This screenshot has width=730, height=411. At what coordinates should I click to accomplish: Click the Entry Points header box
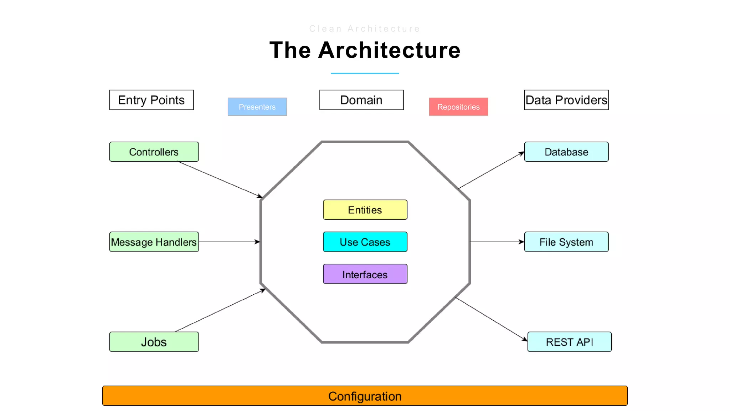(x=151, y=100)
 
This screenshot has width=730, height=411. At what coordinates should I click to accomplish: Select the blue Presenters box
(x=257, y=107)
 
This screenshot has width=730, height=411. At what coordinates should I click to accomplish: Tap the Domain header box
(x=361, y=100)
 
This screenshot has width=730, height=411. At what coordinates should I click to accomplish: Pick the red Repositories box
(x=458, y=107)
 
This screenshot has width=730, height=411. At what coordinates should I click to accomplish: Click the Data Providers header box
(x=566, y=100)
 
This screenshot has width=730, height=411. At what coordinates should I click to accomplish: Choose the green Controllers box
(x=154, y=152)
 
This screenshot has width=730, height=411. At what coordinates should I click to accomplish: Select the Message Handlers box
(x=154, y=242)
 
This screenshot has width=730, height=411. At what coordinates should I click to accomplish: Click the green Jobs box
(x=154, y=342)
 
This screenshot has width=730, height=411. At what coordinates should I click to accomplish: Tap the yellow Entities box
(x=365, y=210)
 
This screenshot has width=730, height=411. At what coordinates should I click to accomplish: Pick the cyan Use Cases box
(x=365, y=242)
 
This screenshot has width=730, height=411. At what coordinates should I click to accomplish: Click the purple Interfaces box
(x=365, y=274)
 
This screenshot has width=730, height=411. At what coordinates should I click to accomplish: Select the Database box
(x=566, y=152)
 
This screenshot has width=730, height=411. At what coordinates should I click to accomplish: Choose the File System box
(x=566, y=242)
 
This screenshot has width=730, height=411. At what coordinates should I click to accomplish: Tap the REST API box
(x=569, y=342)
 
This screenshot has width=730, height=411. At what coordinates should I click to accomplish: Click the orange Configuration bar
(x=365, y=396)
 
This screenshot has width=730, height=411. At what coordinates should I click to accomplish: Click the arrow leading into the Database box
(x=491, y=170)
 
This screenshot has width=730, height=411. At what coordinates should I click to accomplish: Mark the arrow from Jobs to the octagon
(x=220, y=310)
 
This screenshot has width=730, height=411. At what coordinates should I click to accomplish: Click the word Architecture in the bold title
(x=389, y=50)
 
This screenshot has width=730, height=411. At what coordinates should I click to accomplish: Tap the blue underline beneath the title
(x=365, y=73)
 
